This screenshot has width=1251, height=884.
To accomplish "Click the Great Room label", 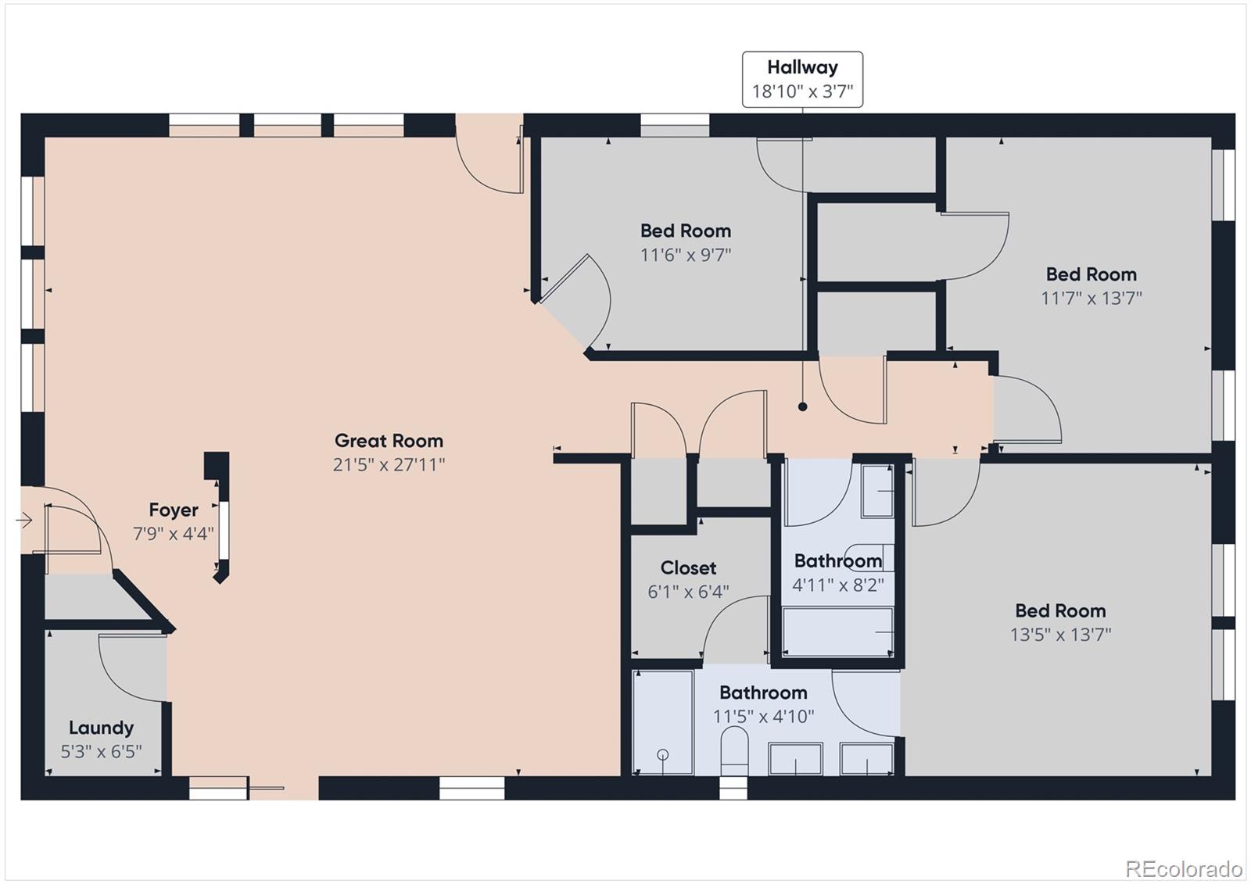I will click(x=389, y=441).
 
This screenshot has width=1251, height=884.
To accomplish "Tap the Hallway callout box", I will click(x=802, y=79).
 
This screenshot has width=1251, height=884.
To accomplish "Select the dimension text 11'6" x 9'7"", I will click(x=686, y=255).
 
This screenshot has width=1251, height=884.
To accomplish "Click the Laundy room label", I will click(x=101, y=728).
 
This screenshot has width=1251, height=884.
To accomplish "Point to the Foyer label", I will click(x=174, y=510).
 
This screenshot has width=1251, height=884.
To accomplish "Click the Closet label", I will click(x=688, y=568).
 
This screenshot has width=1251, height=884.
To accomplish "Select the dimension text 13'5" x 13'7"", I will click(x=1060, y=635).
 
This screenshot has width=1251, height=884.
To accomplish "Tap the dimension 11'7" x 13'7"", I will click(x=1091, y=298).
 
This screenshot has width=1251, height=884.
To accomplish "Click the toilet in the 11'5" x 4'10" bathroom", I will click(x=733, y=749).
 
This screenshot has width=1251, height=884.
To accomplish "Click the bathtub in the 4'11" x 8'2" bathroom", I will click(x=838, y=632).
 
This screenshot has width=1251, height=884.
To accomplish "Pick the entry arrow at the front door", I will click(x=23, y=520).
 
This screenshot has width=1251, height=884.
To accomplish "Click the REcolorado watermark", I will click(x=1183, y=868).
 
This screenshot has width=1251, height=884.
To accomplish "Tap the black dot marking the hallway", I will click(x=802, y=406).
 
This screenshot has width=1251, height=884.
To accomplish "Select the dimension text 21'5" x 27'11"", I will click(x=389, y=465).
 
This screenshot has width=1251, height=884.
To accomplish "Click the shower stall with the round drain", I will click(x=662, y=722).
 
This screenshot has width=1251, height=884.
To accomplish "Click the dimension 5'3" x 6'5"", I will click(x=101, y=752).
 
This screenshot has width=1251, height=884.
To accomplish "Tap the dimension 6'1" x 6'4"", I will click(x=688, y=592).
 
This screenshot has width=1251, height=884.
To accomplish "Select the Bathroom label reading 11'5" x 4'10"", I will click(x=763, y=693).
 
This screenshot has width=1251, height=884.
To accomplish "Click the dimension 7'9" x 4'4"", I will click(x=174, y=535).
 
